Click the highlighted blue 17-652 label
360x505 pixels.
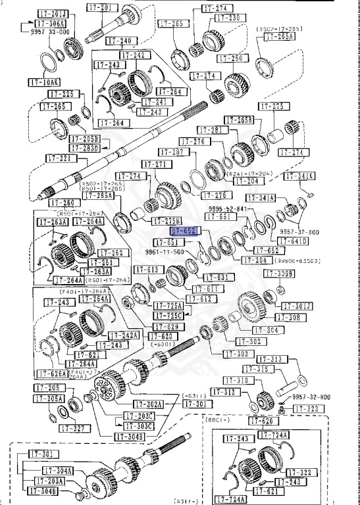click(184, 231)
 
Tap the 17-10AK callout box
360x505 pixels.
click(43, 83)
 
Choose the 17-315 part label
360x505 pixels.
click(274, 369)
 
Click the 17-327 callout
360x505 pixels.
click(73, 428)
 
